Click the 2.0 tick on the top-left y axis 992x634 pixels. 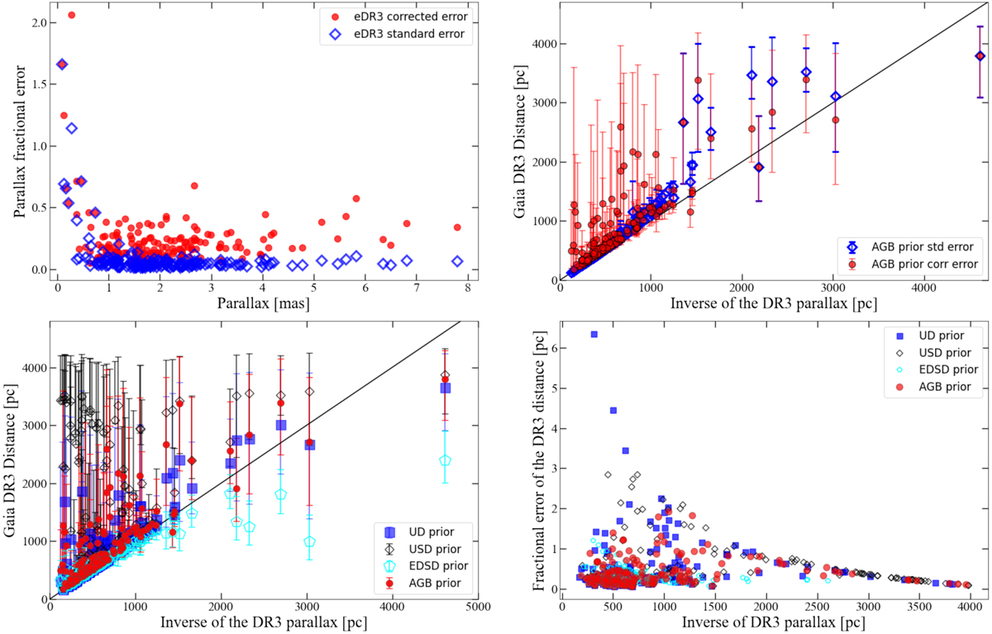[x=35, y=22]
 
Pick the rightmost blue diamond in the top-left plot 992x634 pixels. [x=457, y=261]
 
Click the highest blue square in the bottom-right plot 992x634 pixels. [x=594, y=334]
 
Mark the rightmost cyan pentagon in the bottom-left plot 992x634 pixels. [x=446, y=460]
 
